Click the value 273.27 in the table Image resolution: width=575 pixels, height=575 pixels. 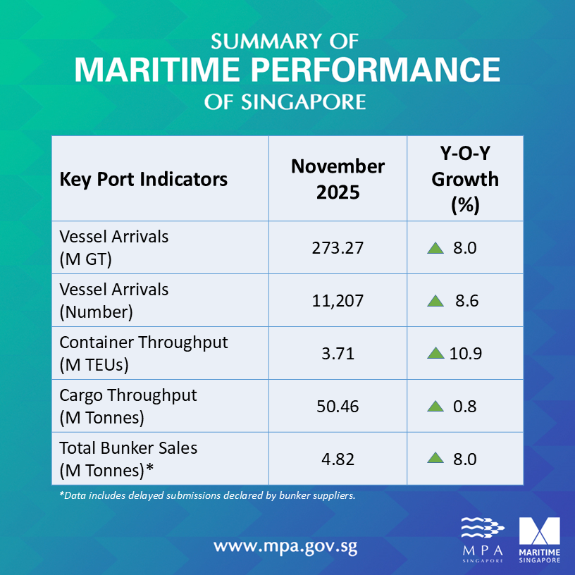tap(338, 248)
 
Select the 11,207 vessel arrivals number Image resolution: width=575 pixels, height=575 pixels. tap(338, 301)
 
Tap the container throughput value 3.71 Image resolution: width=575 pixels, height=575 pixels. tap(338, 354)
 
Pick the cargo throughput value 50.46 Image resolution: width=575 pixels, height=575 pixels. tap(338, 407)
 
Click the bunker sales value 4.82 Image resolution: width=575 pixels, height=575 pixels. tap(338, 459)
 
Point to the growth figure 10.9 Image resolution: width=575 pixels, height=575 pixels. tap(465, 354)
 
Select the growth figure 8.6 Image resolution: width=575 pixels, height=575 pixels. tap(466, 301)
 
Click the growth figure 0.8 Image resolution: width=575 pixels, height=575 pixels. tap(465, 407)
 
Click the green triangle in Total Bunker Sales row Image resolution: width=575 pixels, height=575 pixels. tap(435, 459)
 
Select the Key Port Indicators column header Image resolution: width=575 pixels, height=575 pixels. tap(144, 179)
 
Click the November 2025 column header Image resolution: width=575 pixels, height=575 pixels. tap(338, 179)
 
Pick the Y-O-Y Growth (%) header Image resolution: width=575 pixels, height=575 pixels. tap(465, 179)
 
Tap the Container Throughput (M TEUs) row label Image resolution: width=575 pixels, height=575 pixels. tap(144, 353)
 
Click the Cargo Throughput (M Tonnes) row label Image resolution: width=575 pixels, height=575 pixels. tap(128, 407)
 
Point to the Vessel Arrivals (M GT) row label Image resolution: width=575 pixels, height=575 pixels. tap(114, 248)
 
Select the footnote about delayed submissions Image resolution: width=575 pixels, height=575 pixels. tap(207, 495)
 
